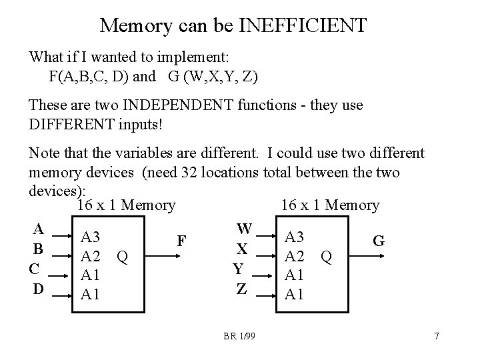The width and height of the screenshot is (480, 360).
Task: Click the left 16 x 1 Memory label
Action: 126,206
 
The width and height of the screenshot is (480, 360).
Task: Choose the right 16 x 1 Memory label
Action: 330,206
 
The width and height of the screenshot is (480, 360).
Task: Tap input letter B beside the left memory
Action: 39,249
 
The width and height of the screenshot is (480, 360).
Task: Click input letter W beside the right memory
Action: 244,229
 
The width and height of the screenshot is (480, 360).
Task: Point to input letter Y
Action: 239,269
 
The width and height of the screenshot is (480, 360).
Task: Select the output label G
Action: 378,241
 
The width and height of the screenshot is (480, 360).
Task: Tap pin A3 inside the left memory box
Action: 90,237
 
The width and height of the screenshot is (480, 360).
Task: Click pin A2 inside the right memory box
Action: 294,256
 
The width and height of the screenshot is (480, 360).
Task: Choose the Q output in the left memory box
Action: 121,256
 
